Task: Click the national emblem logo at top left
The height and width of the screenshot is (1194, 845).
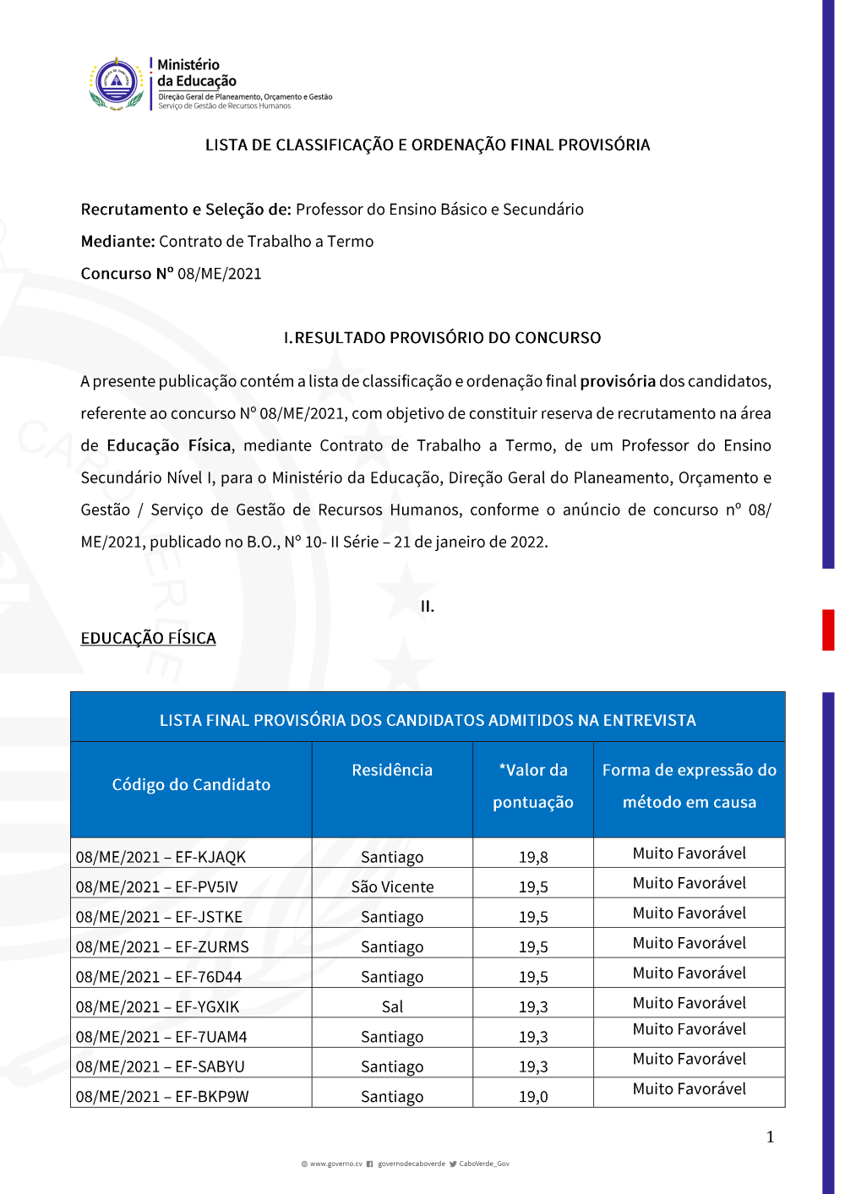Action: coord(117,84)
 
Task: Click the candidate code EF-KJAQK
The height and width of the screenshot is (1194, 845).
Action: coord(161,857)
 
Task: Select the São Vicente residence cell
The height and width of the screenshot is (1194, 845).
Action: coord(392,887)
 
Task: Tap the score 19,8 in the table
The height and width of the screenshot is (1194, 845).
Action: coord(533,857)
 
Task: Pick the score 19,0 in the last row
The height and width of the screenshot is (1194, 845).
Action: coord(533,1097)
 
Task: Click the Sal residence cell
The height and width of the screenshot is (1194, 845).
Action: coord(392,1007)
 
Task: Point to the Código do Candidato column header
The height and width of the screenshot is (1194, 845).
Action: coord(191,785)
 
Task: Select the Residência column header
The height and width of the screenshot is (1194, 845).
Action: coord(392,771)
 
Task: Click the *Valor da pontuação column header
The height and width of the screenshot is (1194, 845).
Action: coord(533,786)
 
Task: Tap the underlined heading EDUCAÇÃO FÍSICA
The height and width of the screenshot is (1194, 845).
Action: coord(148,639)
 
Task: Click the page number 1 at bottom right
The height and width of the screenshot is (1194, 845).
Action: coord(770,1137)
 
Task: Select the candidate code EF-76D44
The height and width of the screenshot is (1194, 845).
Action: coord(159,977)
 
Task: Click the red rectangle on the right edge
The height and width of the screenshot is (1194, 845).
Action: coord(828,630)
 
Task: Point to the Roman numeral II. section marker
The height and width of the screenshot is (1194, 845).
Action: coord(428,607)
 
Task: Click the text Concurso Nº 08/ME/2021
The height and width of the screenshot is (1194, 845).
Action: coord(171,274)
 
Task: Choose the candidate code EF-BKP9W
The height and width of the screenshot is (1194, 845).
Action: coord(162,1097)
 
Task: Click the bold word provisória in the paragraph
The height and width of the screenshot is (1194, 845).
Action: coord(618,381)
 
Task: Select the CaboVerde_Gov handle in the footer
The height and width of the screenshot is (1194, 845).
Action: coord(483,1164)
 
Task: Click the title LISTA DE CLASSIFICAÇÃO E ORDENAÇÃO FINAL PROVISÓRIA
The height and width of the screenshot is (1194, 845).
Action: coord(428,145)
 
